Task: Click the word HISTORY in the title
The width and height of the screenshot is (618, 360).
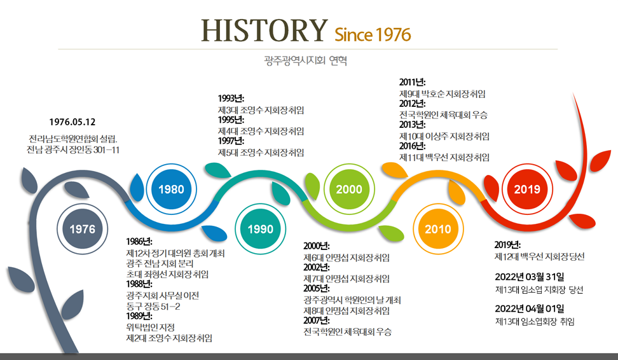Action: [264, 31]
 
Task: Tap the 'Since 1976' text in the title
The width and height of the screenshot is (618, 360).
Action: [373, 35]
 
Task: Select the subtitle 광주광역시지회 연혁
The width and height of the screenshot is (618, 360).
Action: [305, 60]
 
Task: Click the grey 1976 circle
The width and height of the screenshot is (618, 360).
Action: [83, 229]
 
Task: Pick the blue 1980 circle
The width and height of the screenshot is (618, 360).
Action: [172, 189]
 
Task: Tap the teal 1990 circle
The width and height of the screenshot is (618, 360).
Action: [261, 229]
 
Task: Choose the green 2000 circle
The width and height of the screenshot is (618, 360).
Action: [349, 189]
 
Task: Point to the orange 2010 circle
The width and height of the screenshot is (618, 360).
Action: [438, 229]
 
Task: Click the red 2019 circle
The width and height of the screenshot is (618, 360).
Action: [527, 189]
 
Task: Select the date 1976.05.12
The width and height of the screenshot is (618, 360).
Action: [72, 122]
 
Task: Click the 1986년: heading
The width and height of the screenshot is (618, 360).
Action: [139, 241]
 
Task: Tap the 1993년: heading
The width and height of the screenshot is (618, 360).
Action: [231, 98]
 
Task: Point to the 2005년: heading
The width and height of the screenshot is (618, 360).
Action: [317, 289]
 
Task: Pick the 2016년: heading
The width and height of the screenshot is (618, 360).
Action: [412, 146]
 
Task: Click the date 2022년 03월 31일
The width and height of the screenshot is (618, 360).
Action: [530, 277]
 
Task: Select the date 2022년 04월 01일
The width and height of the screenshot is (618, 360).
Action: [530, 308]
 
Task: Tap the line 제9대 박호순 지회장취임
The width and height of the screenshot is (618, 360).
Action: [443, 94]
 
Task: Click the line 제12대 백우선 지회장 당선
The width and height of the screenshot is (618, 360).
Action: [540, 257]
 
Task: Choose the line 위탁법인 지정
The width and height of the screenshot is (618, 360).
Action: [151, 328]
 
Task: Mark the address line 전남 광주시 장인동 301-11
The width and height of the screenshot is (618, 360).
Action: [73, 150]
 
